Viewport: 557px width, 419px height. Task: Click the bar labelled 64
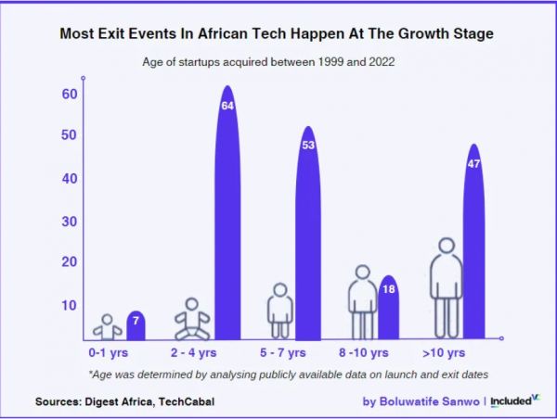pos(227,213)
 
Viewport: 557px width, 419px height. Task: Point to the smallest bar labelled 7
pos(136,325)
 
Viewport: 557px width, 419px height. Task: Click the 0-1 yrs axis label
pos(110,353)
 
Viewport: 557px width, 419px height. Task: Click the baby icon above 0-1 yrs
pos(108,326)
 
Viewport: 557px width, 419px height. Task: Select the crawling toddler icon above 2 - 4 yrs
pos(192,319)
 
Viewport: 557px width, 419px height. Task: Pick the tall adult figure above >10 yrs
pos(447,287)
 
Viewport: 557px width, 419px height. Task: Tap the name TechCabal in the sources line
pos(179,402)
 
